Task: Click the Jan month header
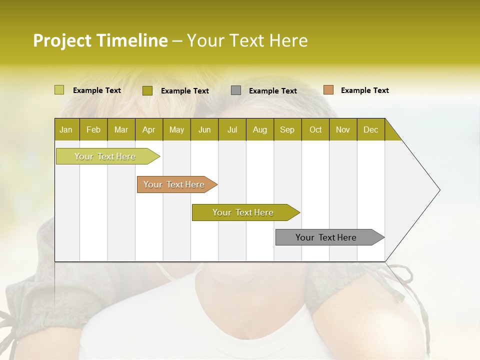(66, 129)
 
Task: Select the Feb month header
(93, 129)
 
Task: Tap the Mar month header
(121, 129)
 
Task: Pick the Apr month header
(148, 129)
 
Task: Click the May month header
(176, 129)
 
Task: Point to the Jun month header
(204, 129)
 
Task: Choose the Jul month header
(232, 129)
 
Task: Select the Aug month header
(259, 129)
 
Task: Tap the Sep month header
(287, 129)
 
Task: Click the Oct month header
(315, 129)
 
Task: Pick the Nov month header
(343, 129)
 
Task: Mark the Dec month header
(370, 129)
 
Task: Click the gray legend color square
(236, 90)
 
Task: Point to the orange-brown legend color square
(328, 90)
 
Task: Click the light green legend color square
(59, 90)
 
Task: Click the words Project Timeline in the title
(100, 40)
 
